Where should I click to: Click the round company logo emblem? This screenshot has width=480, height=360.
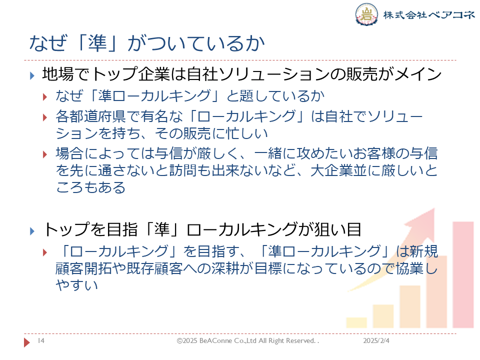(366, 14)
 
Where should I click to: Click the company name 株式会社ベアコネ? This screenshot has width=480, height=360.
(429, 14)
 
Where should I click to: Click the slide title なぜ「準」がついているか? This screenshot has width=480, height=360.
(147, 43)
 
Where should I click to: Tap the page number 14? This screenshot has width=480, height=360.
(41, 340)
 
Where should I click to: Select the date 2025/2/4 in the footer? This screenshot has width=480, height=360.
(376, 340)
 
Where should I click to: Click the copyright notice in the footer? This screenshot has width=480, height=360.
(247, 340)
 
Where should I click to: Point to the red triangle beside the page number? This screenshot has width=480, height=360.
(27, 342)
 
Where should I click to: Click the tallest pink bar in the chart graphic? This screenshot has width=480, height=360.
(463, 274)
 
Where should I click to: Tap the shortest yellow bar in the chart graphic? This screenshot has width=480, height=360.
(356, 322)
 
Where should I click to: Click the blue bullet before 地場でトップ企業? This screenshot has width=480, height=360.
(32, 75)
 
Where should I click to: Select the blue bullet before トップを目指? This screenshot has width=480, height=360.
(32, 231)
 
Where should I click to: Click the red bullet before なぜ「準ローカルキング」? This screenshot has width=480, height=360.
(45, 97)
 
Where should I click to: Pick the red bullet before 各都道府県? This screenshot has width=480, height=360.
(45, 117)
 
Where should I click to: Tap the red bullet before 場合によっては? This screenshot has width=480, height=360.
(45, 154)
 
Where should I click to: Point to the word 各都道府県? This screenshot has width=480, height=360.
(90, 116)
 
